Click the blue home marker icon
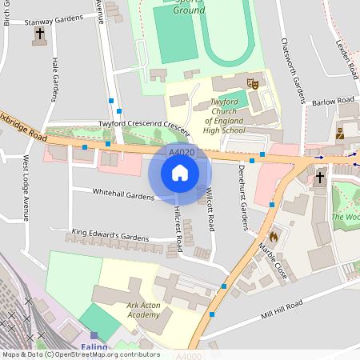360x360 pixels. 180,173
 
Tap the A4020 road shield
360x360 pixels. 181,150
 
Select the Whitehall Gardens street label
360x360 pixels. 122,194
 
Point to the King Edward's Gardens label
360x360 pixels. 110,236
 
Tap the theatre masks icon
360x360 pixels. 253,82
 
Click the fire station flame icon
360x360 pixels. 274,237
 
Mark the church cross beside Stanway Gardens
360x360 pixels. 39,36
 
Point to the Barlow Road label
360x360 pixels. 334,101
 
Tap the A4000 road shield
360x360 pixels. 186,354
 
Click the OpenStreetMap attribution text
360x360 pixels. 80,354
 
